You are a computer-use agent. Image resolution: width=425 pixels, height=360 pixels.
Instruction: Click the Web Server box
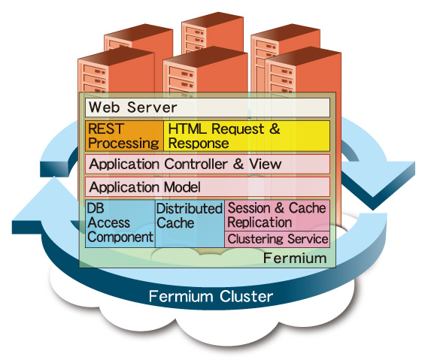pyautogui.click(x=208, y=107)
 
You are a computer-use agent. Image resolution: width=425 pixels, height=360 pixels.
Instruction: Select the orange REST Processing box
pyautogui.click(x=124, y=136)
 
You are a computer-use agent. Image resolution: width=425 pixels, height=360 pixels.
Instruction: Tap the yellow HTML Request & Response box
pyautogui.click(x=247, y=136)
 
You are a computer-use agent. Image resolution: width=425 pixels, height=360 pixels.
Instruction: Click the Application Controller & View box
pyautogui.click(x=208, y=164)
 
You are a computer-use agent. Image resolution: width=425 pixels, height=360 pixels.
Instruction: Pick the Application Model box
pyautogui.click(x=208, y=187)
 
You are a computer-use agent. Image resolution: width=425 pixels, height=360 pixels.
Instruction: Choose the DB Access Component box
pyautogui.click(x=120, y=223)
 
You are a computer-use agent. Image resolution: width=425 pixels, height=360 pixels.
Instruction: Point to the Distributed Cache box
pyautogui.click(x=190, y=223)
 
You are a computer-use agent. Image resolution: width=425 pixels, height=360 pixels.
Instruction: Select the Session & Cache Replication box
pyautogui.click(x=278, y=216)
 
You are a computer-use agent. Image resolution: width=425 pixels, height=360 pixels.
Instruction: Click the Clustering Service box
pyautogui.click(x=278, y=239)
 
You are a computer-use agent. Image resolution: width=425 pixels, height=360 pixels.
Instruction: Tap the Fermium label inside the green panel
pyautogui.click(x=295, y=258)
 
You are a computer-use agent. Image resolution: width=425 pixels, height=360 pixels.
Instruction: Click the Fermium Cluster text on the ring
pyautogui.click(x=211, y=296)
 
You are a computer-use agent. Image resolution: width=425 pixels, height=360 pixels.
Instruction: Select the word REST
pyautogui.click(x=106, y=129)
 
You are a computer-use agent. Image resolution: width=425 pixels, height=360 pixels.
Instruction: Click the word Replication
pyautogui.click(x=260, y=222)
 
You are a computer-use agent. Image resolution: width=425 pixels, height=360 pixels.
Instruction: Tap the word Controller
pyautogui.click(x=196, y=164)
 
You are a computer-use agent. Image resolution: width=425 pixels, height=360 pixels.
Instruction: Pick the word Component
pyautogui.click(x=120, y=237)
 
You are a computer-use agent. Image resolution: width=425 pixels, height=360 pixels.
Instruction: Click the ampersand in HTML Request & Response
pyautogui.click(x=275, y=129)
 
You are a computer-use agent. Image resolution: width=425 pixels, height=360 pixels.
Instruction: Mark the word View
pyautogui.click(x=266, y=164)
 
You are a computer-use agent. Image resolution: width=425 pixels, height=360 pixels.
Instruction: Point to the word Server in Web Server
pyautogui.click(x=152, y=107)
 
